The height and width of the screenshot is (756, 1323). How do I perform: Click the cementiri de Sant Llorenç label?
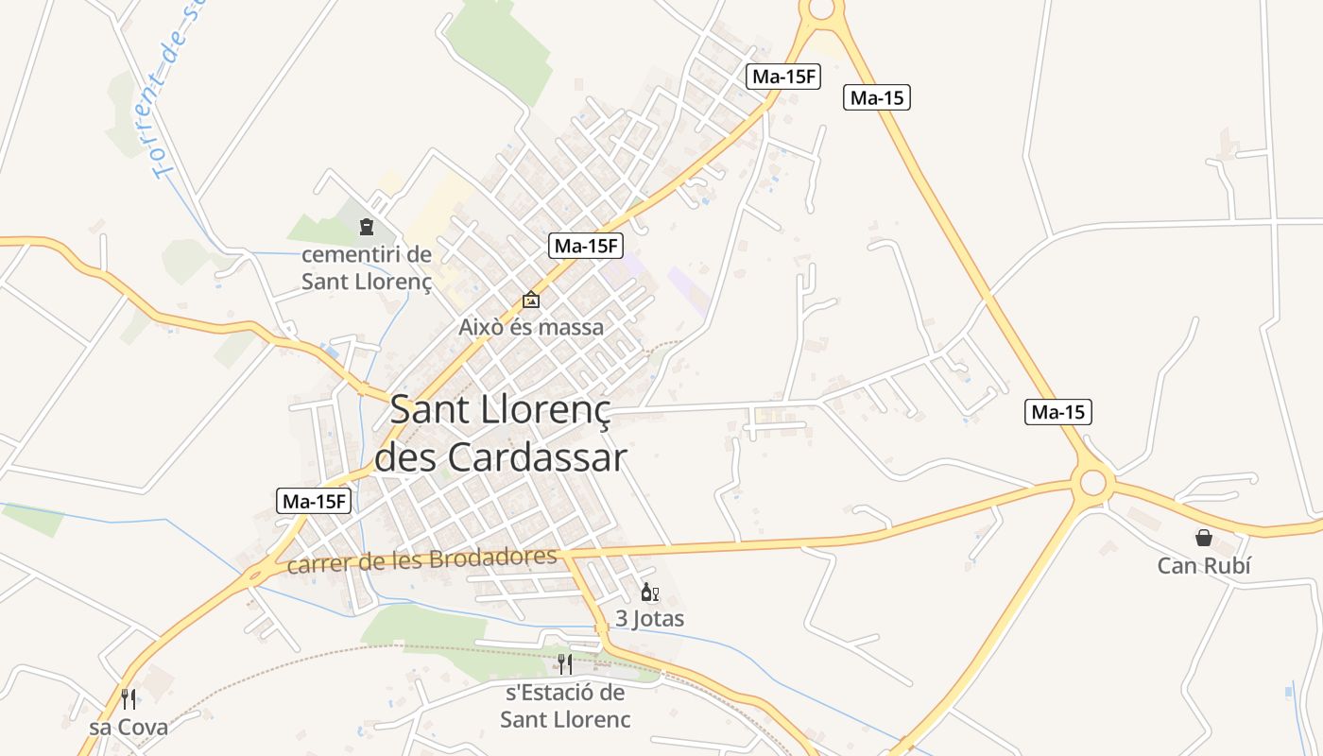click(x=367, y=267)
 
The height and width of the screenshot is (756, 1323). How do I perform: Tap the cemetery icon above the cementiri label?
click(x=366, y=227)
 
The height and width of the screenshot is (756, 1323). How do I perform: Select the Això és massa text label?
click(x=531, y=328)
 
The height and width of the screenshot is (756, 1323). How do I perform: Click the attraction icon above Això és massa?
click(x=531, y=300)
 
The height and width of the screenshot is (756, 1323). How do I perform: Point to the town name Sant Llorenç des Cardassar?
click(x=501, y=434)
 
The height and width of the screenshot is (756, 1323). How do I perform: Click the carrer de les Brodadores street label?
click(x=421, y=560)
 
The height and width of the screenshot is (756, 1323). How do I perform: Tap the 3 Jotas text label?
click(x=650, y=619)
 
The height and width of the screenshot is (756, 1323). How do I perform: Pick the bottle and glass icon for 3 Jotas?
click(x=649, y=593)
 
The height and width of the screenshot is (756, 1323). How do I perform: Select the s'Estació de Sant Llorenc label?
click(x=565, y=706)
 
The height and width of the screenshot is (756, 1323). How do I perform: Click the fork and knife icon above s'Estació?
click(x=564, y=663)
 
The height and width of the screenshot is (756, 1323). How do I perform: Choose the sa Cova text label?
click(x=129, y=727)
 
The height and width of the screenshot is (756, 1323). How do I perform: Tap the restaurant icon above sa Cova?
click(x=129, y=699)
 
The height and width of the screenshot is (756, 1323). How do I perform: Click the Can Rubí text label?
click(x=1204, y=566)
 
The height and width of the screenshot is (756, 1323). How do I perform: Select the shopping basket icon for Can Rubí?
click(x=1204, y=538)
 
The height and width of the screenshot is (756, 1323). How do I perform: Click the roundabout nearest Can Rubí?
click(x=1092, y=483)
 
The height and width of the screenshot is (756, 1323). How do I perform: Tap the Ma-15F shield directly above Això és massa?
click(x=586, y=246)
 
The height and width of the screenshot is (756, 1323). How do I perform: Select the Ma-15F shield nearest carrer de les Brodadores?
click(x=314, y=502)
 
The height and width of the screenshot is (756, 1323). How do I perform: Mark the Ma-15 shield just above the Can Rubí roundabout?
click(x=1058, y=412)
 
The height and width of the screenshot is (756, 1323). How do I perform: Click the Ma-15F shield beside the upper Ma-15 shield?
click(x=782, y=77)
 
